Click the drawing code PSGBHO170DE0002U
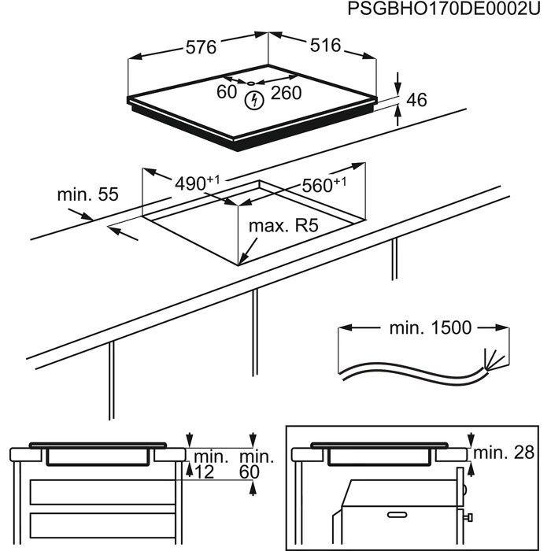point(438,9)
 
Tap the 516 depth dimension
point(324,46)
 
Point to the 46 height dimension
point(416,100)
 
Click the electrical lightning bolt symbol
point(253,100)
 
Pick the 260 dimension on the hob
point(286,93)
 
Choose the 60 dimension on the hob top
point(227,92)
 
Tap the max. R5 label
point(283,227)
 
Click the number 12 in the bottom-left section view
point(205,471)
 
